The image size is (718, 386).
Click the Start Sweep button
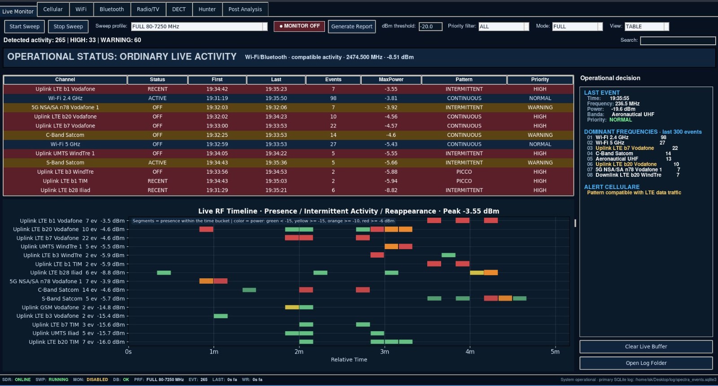click(24, 26)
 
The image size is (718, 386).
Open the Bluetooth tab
click(112, 9)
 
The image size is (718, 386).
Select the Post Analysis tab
click(245, 9)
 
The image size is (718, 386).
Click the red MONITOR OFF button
click(299, 26)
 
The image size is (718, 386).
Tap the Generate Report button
click(352, 26)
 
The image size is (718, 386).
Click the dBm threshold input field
click(430, 26)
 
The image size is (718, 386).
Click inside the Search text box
click(678, 40)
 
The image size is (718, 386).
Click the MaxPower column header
click(391, 79)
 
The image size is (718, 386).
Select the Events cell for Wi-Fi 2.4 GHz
click(333, 98)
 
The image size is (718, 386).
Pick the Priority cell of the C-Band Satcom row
click(540, 135)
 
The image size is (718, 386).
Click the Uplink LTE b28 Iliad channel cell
click(65, 190)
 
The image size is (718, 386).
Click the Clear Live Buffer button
click(646, 347)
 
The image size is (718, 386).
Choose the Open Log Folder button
click(646, 363)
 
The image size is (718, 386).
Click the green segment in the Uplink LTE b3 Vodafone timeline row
click(220, 316)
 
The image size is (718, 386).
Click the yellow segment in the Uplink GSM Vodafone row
click(292, 307)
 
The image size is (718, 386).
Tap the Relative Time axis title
click(349, 360)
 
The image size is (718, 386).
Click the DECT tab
click(179, 9)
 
